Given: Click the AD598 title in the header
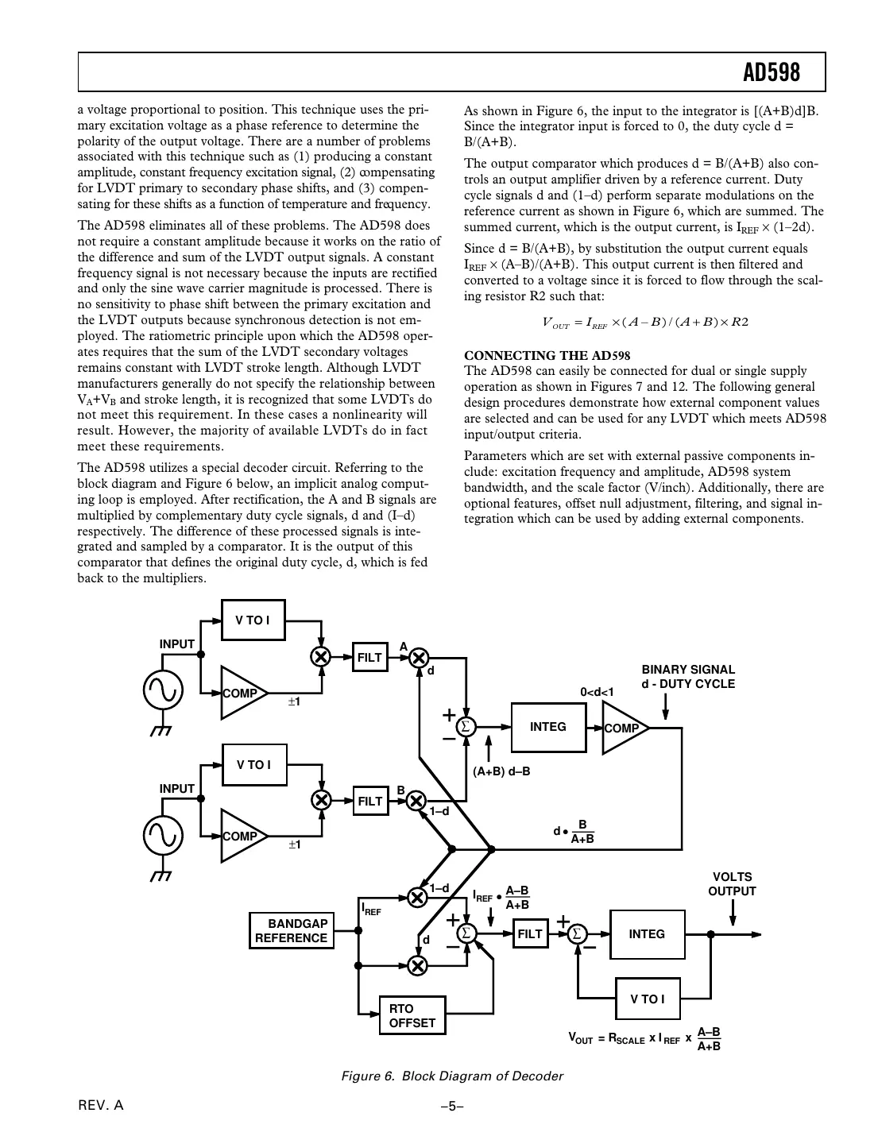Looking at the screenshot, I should tap(771, 73).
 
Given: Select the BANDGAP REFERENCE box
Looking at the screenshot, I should tap(291, 930).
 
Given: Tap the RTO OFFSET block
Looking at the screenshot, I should tap(412, 1015).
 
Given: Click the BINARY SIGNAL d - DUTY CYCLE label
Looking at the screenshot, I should tap(688, 677).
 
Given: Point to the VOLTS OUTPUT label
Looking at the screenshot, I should tap(732, 884).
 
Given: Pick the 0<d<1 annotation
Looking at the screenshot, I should tap(597, 692).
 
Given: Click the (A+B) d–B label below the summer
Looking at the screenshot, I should tap(501, 771).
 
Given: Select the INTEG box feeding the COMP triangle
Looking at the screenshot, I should tap(547, 727).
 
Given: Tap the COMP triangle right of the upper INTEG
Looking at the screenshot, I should tap(622, 728).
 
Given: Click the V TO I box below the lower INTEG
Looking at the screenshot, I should tap(648, 999).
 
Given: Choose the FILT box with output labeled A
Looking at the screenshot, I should tap(369, 657).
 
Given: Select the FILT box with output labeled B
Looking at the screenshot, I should tap(369, 801).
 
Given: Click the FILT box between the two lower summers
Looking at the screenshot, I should tap(529, 934).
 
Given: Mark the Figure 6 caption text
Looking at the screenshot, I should tap(451, 1076).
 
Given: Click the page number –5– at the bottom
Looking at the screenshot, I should tap(451, 1105).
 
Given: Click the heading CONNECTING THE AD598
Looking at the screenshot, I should tap(547, 355).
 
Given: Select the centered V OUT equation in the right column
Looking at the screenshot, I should tap(644, 322).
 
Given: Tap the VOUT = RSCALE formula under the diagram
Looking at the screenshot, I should tap(644, 1038).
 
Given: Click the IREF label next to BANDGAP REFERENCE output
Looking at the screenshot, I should tap(371, 909).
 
